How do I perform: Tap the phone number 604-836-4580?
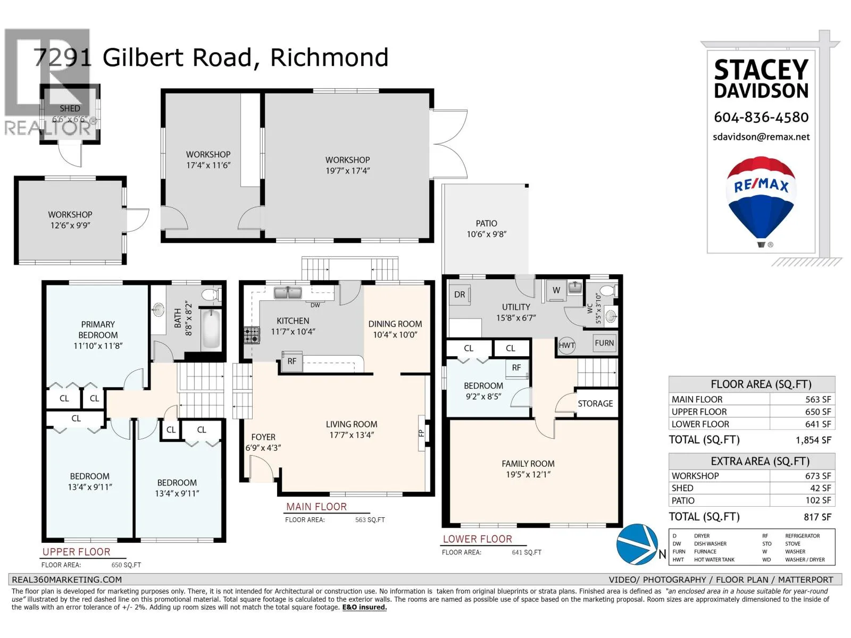(x=761, y=117)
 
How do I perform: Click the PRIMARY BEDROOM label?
(x=98, y=330)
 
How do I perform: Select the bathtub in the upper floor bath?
(x=211, y=328)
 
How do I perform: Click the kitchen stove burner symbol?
(x=252, y=335)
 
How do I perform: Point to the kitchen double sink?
(x=288, y=292)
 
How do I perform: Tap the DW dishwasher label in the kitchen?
(x=315, y=305)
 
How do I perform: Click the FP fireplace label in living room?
(x=421, y=433)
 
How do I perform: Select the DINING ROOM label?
(x=395, y=324)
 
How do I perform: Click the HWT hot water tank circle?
(x=566, y=345)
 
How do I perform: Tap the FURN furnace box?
(x=604, y=343)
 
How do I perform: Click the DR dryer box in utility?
(x=460, y=295)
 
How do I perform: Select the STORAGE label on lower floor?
(x=595, y=404)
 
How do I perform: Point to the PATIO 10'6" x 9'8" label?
(x=486, y=229)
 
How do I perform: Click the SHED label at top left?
(x=70, y=108)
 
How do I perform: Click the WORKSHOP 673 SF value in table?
(x=817, y=476)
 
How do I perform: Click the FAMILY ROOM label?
(x=528, y=464)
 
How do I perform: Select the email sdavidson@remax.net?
(x=761, y=137)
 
